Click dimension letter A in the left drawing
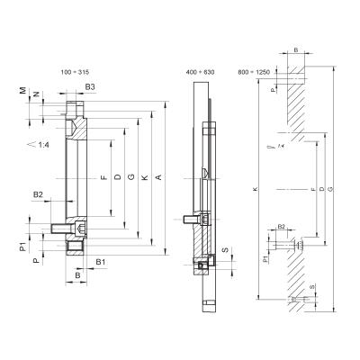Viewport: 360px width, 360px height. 158,178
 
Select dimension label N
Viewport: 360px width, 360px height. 35,94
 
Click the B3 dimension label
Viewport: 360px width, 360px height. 90,86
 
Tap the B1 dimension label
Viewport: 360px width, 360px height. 101,262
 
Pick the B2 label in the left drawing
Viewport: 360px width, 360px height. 38,194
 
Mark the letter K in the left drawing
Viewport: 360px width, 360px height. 145,178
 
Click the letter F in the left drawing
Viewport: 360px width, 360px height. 104,178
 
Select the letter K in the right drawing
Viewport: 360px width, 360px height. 257,190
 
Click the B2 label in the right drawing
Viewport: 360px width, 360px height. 282,228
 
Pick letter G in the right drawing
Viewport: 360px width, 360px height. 332,190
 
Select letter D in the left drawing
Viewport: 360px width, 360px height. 118,178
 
